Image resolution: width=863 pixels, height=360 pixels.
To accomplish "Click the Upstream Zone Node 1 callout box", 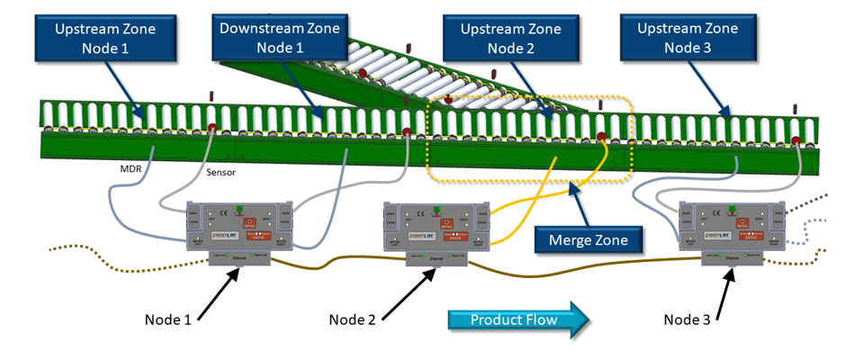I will pyautogui.click(x=104, y=38).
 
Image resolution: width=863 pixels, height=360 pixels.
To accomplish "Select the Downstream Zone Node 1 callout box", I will pyautogui.click(x=280, y=38).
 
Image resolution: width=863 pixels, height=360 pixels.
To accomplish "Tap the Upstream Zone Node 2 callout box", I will pyautogui.click(x=511, y=38).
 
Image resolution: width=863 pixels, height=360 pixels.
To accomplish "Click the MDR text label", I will pyautogui.click(x=133, y=166).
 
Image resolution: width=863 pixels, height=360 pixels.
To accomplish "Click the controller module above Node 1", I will pyautogui.click(x=240, y=225).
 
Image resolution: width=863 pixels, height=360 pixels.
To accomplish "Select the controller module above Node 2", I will pyautogui.click(x=438, y=225).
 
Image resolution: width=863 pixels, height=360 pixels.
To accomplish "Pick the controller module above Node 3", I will pyautogui.click(x=731, y=225).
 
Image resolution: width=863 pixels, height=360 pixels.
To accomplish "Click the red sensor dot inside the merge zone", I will pyautogui.click(x=601, y=138).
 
